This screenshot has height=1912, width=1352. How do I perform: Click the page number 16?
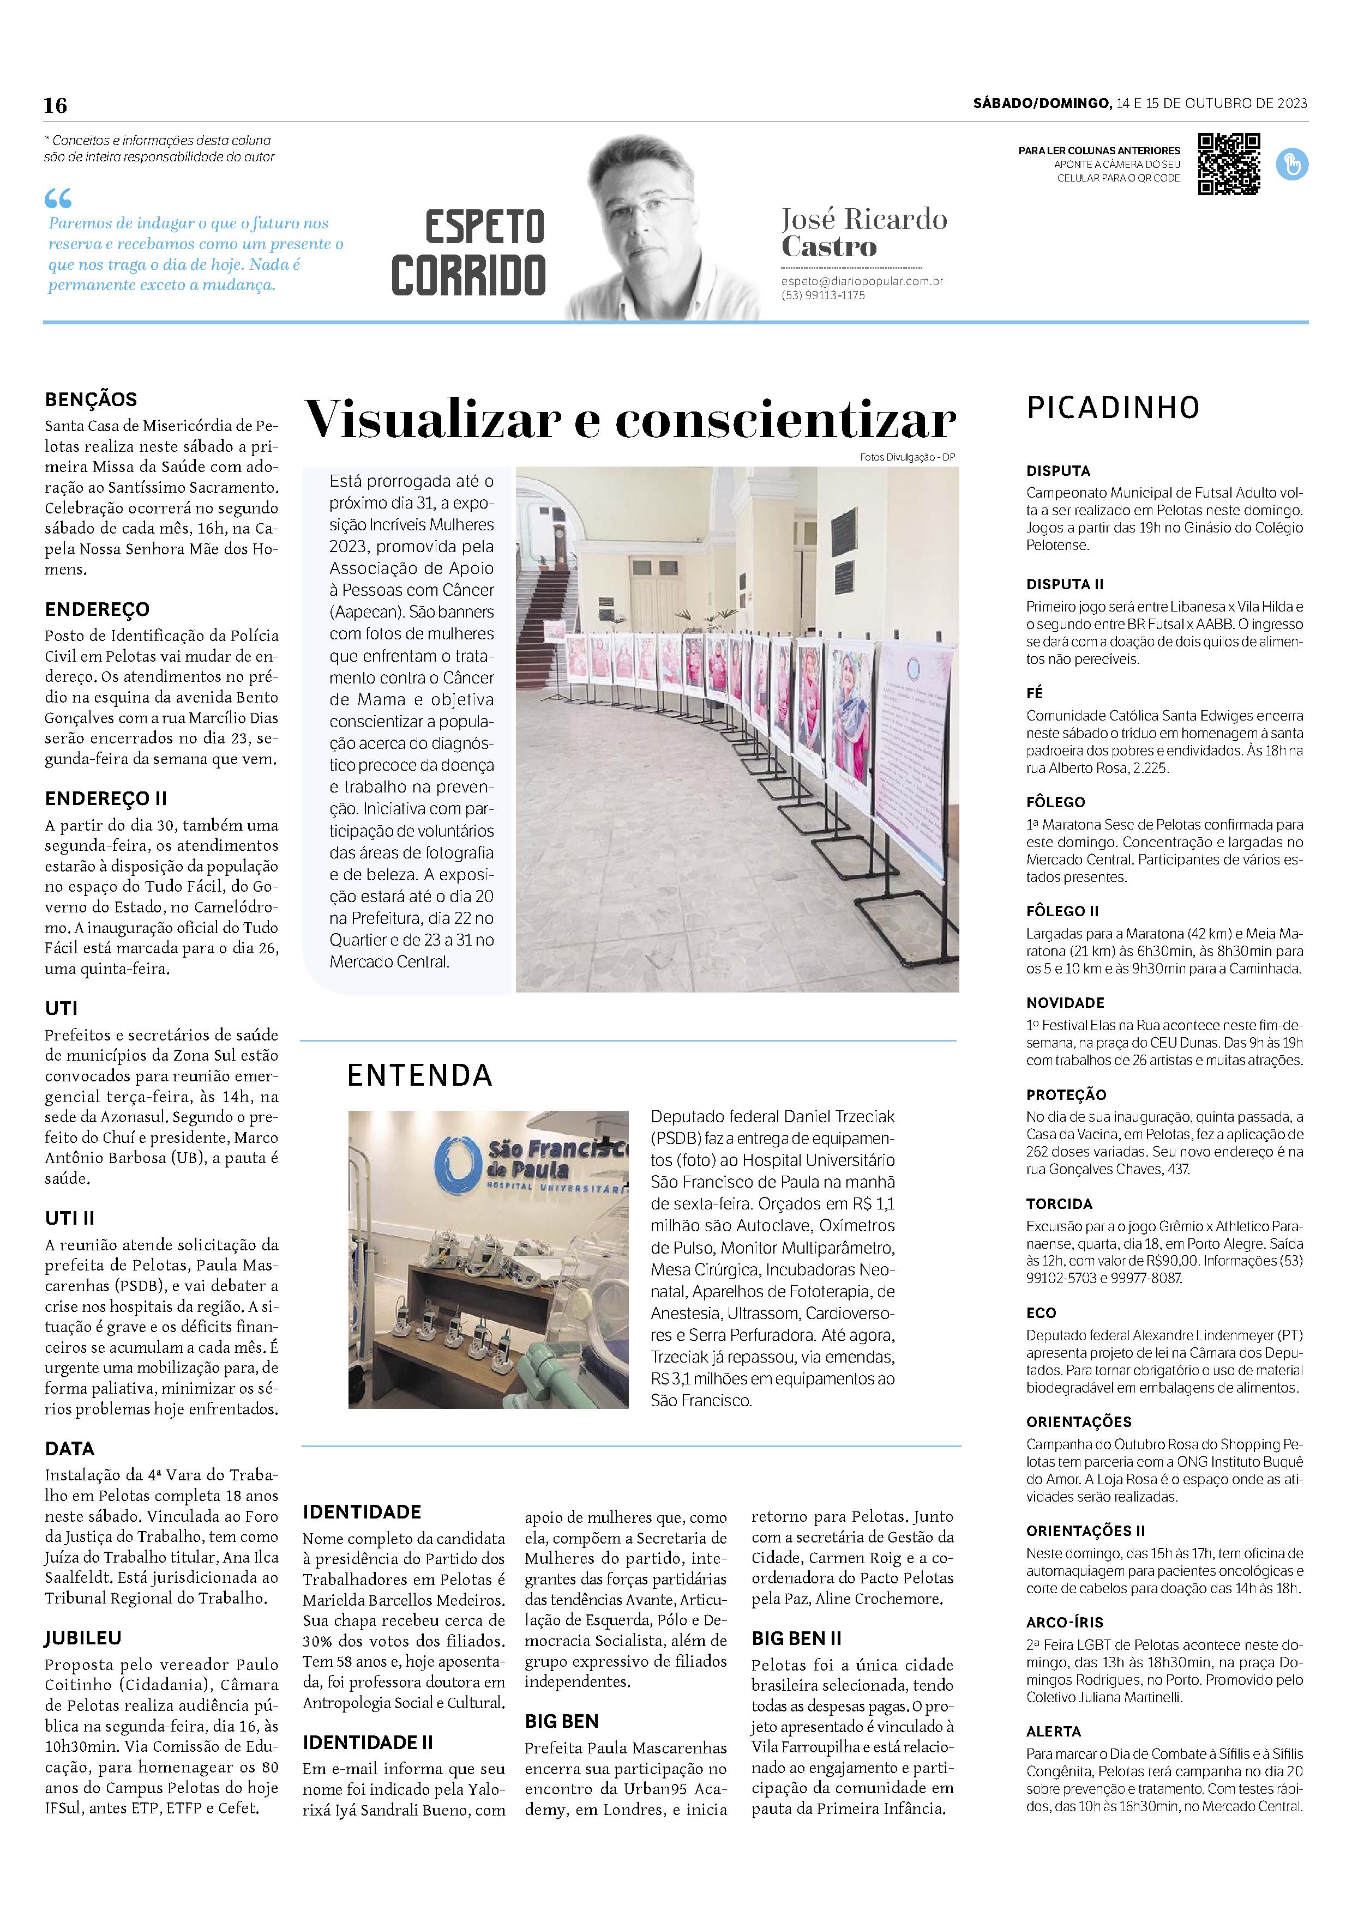coord(56,105)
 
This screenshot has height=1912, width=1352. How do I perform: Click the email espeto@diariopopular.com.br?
coord(861,281)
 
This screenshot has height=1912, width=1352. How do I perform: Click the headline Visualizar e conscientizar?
coord(630,419)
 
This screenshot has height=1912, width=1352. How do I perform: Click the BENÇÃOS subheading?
coord(91,399)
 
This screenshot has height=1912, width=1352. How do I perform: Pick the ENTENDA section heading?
coord(420,1075)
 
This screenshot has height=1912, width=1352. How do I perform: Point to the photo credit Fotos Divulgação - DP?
coord(909,457)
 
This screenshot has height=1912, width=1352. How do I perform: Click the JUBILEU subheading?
coord(83,1637)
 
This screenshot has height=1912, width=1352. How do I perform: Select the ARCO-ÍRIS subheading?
coord(1065,1621)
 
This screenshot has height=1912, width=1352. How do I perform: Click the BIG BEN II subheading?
coord(796,1638)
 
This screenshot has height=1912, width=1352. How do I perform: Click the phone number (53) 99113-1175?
coord(823,295)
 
